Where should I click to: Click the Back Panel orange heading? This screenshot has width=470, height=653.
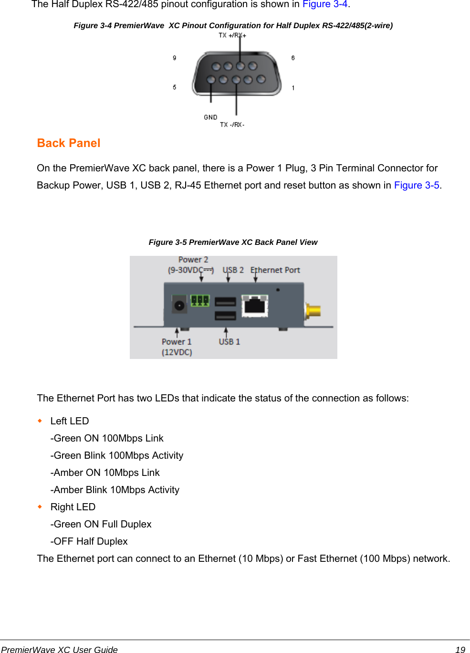pyautogui.click(x=69, y=143)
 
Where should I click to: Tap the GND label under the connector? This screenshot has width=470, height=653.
pyautogui.click(x=210, y=117)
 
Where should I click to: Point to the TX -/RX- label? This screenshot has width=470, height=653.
pyautogui.click(x=232, y=125)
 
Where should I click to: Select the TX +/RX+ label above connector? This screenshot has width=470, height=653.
pyautogui.click(x=232, y=35)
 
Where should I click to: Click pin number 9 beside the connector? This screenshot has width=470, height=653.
pyautogui.click(x=175, y=58)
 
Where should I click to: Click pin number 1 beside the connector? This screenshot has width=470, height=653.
pyautogui.click(x=293, y=88)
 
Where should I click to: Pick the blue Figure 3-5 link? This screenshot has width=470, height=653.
pyautogui.click(x=417, y=185)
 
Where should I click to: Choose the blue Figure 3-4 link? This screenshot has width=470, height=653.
pyautogui.click(x=325, y=4)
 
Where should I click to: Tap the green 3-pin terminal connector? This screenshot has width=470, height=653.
pyautogui.click(x=200, y=300)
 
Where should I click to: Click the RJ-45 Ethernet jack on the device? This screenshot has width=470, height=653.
pyautogui.click(x=255, y=305)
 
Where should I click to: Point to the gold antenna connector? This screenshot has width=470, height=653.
pyautogui.click(x=313, y=311)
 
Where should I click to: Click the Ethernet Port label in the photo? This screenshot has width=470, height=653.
pyautogui.click(x=275, y=270)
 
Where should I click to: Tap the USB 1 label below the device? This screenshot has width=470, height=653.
pyautogui.click(x=230, y=342)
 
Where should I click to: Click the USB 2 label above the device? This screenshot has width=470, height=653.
pyautogui.click(x=233, y=270)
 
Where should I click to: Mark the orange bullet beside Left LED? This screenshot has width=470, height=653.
pyautogui.click(x=40, y=421)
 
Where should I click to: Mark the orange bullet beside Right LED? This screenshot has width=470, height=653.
pyautogui.click(x=40, y=506)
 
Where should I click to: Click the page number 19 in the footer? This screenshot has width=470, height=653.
pyautogui.click(x=460, y=649)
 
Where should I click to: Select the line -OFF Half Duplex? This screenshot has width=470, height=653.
pyautogui.click(x=89, y=541)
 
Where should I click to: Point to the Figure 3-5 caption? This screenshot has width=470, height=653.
pyautogui.click(x=233, y=242)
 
